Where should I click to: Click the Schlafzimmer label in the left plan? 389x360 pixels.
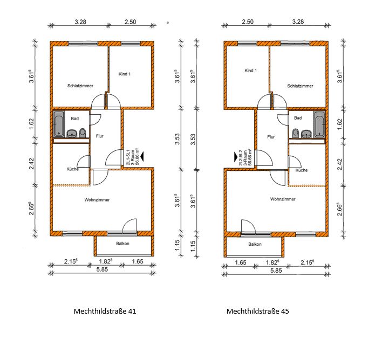point(80,86)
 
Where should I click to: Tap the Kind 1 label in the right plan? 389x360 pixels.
point(250,71)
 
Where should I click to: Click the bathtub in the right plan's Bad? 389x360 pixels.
point(319,124)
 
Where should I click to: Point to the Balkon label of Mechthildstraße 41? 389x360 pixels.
point(122,244)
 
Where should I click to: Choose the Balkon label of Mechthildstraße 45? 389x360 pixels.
point(255,244)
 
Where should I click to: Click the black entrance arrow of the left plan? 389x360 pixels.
point(142,157)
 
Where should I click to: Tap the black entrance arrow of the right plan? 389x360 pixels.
point(236,157)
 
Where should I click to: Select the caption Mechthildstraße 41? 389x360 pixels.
point(105,311)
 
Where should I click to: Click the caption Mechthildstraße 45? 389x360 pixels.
point(257,311)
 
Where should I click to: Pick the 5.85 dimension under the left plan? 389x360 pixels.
point(102,269)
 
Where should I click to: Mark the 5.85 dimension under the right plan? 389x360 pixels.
point(276,271)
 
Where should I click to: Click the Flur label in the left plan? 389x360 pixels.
point(99,136)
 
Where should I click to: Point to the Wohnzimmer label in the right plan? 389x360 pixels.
point(283,199)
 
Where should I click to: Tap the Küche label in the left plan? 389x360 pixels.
point(72,169)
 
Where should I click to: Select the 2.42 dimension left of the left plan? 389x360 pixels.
point(31,163)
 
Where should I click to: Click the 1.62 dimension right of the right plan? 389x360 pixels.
point(340,124)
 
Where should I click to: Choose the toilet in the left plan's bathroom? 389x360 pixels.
point(83,133)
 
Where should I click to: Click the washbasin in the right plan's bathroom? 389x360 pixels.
point(307,134)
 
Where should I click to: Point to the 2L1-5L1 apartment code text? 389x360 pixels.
point(128,157)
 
